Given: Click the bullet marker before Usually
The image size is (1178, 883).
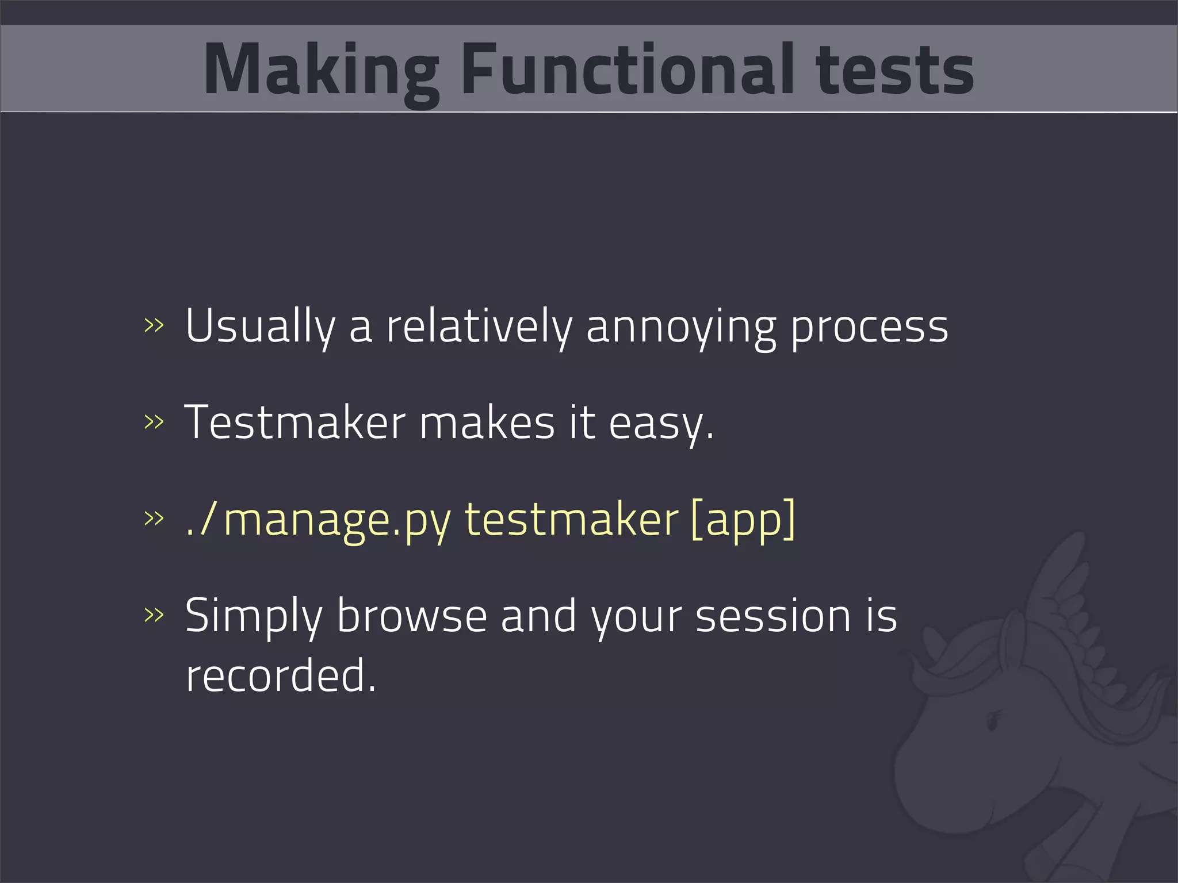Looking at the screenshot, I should click(x=154, y=325).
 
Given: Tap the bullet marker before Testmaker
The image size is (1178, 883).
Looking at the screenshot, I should click(x=154, y=422).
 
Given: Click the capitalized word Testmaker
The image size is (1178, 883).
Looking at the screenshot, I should click(x=295, y=423).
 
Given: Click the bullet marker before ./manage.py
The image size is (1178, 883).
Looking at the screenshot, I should click(x=154, y=519).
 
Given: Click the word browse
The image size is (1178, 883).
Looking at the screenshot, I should click(x=411, y=616).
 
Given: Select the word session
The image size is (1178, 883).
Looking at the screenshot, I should click(x=772, y=616).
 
